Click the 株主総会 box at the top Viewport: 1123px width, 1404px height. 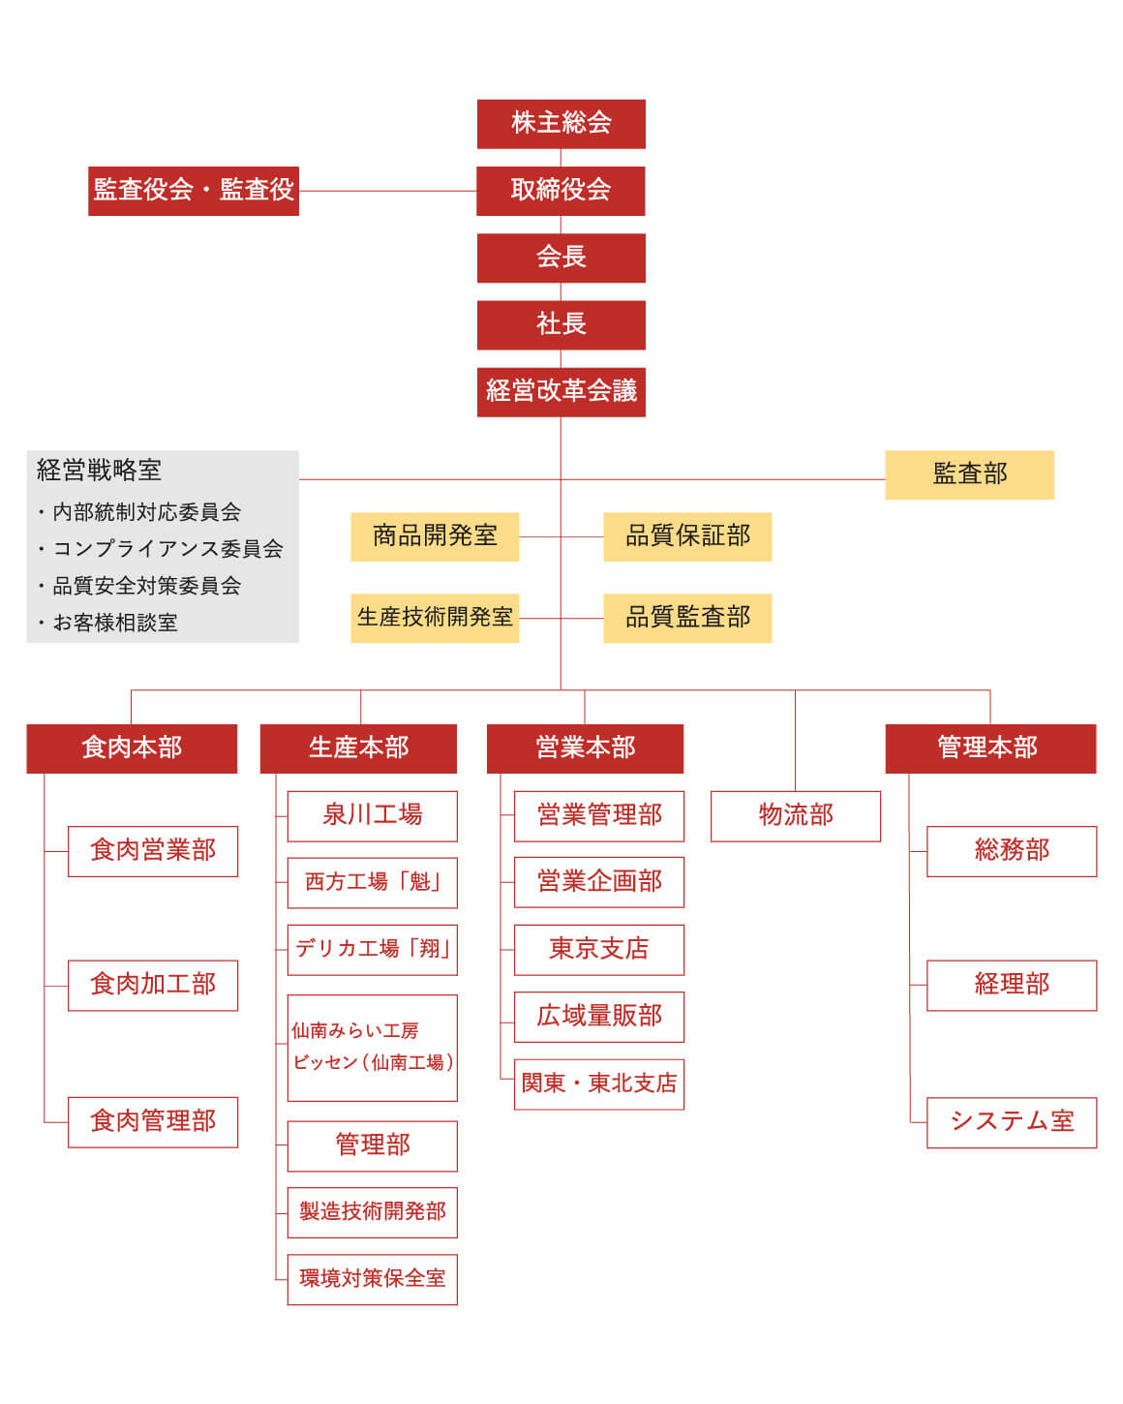561,124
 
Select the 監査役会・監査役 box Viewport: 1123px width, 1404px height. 194,191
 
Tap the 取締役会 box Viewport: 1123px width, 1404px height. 561,191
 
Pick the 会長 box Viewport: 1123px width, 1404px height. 561,259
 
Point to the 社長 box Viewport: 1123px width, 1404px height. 561,325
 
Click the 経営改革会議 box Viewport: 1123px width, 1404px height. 561,393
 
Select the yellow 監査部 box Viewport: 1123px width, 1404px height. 969,475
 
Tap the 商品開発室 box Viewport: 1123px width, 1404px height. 435,537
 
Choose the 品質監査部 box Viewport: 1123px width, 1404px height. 687,619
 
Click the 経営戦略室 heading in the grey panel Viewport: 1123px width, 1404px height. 99,470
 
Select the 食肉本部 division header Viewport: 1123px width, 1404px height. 132,749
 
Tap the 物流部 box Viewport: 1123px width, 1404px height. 796,816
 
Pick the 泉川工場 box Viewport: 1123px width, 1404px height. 372,816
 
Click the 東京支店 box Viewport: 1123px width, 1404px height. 599,950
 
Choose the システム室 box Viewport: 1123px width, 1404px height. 1012,1123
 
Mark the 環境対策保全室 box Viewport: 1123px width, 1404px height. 372,1279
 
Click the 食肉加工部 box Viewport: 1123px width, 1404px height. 153,986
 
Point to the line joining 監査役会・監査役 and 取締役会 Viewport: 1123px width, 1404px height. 387,191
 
